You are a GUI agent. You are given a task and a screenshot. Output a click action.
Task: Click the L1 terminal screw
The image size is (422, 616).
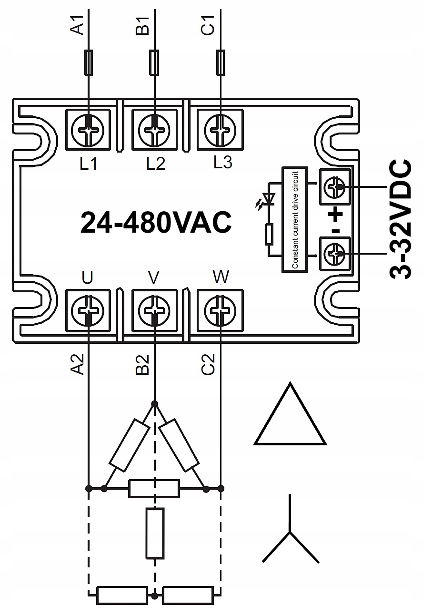pos(89,129)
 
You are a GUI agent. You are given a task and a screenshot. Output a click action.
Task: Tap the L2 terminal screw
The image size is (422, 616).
pos(154,129)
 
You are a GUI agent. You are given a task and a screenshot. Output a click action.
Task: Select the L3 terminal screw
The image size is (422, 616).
pos(220,129)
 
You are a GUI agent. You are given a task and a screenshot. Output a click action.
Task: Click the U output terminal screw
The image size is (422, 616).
pos(89,312)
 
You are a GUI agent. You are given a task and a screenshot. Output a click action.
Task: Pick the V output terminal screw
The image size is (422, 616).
pos(154,312)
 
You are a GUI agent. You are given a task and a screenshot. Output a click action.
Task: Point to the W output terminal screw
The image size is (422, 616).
pos(220,312)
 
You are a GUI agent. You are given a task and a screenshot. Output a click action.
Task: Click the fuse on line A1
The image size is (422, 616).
pos(89,62)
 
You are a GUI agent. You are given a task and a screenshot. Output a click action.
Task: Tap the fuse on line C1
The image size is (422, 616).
pos(220,62)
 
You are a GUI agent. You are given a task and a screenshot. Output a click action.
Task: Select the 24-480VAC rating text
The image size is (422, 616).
pos(156,222)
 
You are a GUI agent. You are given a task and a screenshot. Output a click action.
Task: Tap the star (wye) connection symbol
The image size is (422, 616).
pos(290,534)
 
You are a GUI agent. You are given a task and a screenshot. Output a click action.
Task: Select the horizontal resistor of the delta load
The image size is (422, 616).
pos(154,489)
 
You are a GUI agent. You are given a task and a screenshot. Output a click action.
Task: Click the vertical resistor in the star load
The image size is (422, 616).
pos(155,533)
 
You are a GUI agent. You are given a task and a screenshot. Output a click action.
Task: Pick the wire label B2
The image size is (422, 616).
pos(143,364)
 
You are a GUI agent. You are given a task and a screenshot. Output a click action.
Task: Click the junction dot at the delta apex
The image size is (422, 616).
pos(154,404)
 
